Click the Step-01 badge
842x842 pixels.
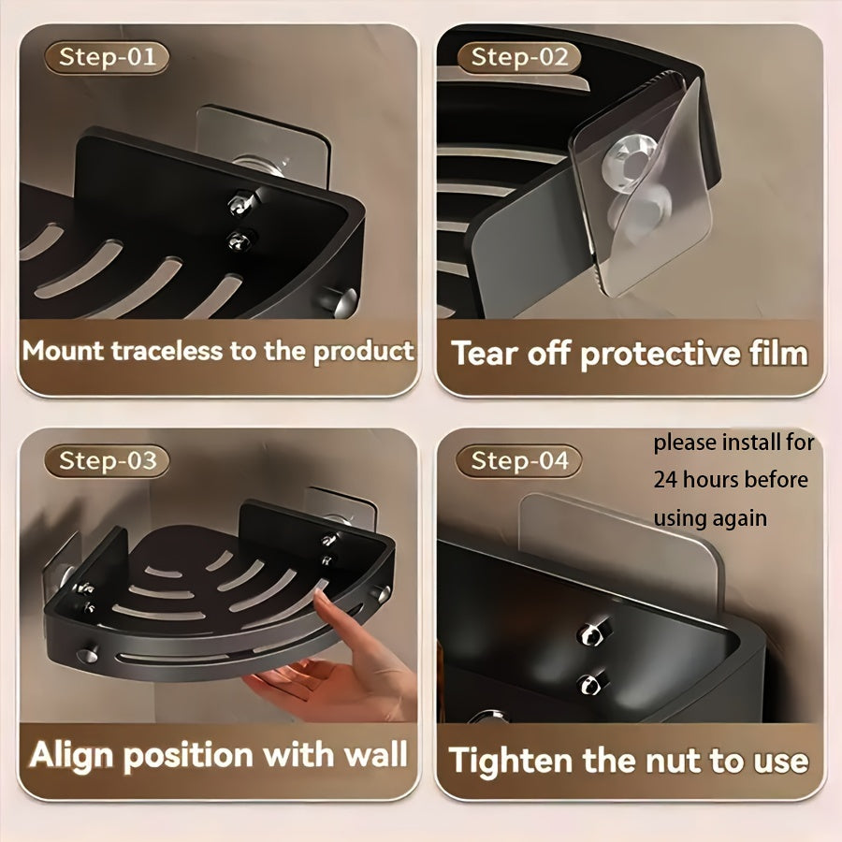pyautogui.click(x=107, y=57)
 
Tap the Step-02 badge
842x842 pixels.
pyautogui.click(x=519, y=57)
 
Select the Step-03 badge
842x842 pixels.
pyautogui.click(x=107, y=460)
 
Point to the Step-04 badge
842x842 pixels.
pyautogui.click(x=519, y=460)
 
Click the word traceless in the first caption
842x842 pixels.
pyautogui.click(x=167, y=351)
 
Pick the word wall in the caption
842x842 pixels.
pyautogui.click(x=375, y=754)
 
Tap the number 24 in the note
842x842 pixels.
pyautogui.click(x=665, y=480)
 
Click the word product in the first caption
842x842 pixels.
pyautogui.click(x=364, y=352)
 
